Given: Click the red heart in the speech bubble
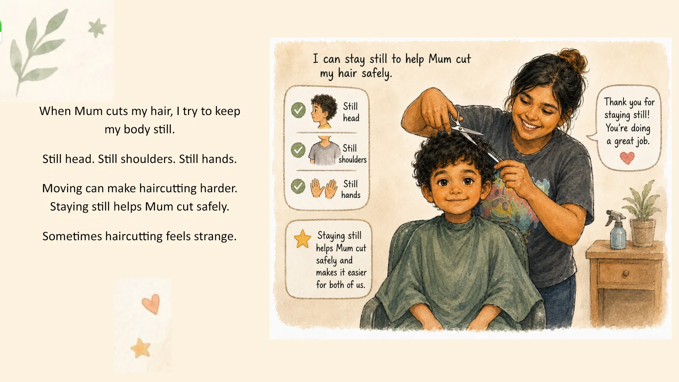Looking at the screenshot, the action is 627,158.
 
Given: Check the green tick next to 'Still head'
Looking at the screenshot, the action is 298,110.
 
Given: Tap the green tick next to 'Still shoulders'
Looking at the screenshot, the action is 298,150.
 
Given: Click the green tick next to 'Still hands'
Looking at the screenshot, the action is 298,186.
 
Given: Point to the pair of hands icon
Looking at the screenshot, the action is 324,188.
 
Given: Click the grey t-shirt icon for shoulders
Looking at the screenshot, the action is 325,151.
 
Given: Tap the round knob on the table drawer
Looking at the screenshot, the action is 626,274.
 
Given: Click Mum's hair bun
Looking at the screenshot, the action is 572,59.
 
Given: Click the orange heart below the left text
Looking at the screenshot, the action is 151,304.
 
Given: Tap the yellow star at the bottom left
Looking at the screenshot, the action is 140,348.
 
